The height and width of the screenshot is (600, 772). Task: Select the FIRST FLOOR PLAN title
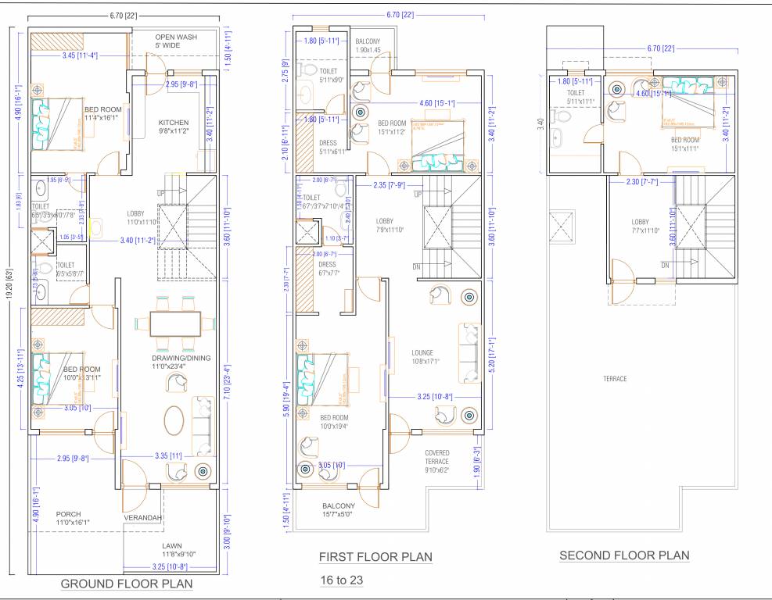(375, 557)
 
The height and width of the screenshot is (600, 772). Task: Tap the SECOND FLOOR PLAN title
(624, 555)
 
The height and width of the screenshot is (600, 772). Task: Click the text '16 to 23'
(342, 580)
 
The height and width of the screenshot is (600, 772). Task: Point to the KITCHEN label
(174, 123)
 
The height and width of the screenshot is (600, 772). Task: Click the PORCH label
(68, 513)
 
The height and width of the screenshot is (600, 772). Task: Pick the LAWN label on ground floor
(172, 546)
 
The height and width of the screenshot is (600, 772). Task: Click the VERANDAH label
(142, 518)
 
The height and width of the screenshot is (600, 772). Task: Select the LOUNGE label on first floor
(422, 352)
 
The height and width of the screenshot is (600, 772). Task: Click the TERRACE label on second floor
(615, 379)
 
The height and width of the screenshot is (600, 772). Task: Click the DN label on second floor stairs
(665, 266)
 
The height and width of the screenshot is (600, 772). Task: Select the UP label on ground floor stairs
(162, 193)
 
